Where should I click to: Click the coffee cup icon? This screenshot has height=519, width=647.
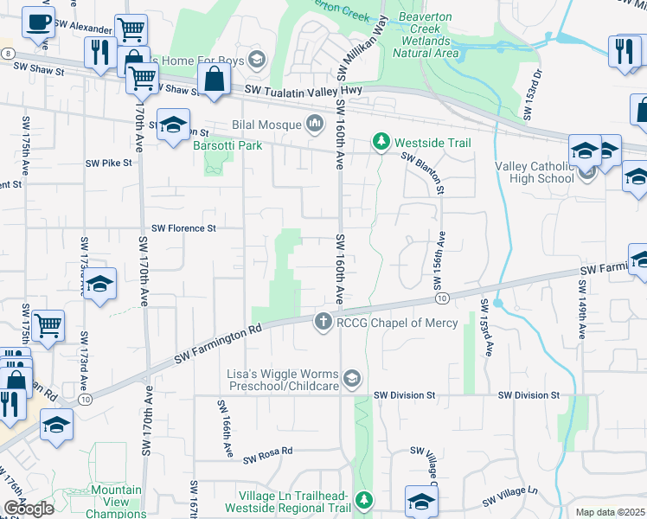click(x=37, y=22)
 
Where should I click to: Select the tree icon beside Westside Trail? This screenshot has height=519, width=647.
click(x=380, y=141)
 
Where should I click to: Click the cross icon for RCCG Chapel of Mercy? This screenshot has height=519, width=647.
click(x=323, y=322)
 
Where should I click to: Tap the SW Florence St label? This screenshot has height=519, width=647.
click(x=183, y=228)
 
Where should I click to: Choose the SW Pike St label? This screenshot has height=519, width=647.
click(x=108, y=162)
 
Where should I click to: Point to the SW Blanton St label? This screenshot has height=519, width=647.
click(x=424, y=171)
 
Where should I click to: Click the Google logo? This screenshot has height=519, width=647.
click(x=28, y=509)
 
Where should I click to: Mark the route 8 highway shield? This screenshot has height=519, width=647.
click(x=7, y=53)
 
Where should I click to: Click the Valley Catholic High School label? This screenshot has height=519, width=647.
click(x=534, y=172)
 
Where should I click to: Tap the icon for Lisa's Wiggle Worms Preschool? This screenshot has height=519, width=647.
click(x=352, y=378)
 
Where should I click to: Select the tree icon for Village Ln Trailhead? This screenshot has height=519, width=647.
click(x=364, y=499)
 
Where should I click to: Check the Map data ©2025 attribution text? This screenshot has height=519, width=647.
click(x=610, y=512)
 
